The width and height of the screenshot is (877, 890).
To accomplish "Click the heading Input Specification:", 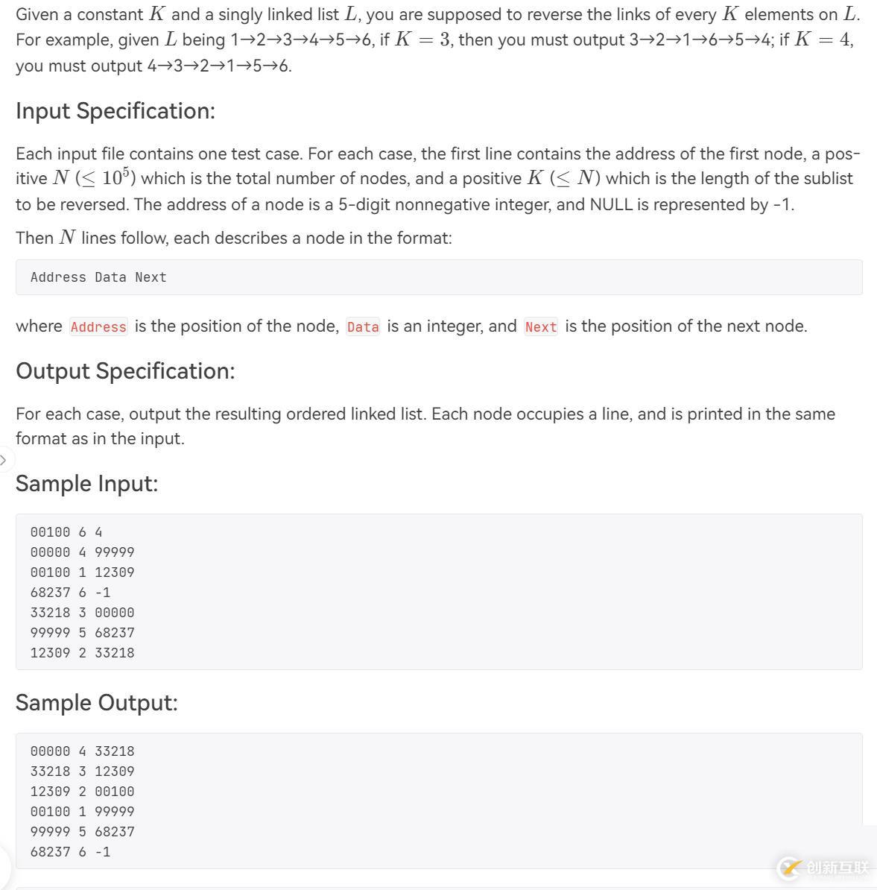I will pos(115,111).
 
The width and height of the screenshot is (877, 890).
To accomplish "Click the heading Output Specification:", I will pos(125,371).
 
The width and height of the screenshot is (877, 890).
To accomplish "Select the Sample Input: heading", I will pos(86,484).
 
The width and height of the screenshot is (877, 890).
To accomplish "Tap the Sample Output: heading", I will pos(97,703).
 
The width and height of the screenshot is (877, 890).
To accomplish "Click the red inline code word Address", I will pos(98,327).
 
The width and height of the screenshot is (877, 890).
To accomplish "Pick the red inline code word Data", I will pos(363,327).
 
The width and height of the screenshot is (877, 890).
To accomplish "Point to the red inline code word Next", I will pos(541,327).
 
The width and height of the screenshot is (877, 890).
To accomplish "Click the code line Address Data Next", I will pos(98,277).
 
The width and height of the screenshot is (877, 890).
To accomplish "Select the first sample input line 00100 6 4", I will pos(66,532).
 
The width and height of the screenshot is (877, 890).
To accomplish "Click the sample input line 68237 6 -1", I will pos(70,593).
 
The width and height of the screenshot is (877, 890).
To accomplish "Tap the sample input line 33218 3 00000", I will pos(82,613).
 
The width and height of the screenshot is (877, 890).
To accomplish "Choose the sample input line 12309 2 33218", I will pos(82,653).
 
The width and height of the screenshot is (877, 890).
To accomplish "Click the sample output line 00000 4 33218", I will pos(82,751).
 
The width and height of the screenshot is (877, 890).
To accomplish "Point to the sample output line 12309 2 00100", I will pos(82,792).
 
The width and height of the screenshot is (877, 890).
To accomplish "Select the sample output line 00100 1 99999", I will pos(82,812).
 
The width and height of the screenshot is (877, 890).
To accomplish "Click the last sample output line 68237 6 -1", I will pos(70,852).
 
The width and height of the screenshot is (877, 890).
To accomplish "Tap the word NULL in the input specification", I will pos(611,204).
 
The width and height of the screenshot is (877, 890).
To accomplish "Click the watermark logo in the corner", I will pos(823,868).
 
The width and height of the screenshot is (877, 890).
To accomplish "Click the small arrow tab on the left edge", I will pos(4,459).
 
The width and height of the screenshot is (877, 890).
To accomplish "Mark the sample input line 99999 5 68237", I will pos(82,633).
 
